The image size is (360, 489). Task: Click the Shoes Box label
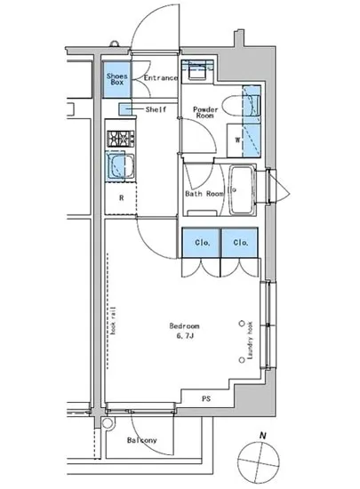[x=118, y=79]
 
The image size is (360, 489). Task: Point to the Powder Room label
[x=206, y=112]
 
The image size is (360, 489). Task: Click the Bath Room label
[x=204, y=192]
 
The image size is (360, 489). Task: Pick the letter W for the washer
[x=238, y=139]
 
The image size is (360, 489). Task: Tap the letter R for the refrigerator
[x=120, y=197]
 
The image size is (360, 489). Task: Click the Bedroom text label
[x=185, y=325]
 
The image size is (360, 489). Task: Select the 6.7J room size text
[x=185, y=337]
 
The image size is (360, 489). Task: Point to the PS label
[x=205, y=397]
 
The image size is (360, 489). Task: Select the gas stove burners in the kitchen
[x=119, y=139]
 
